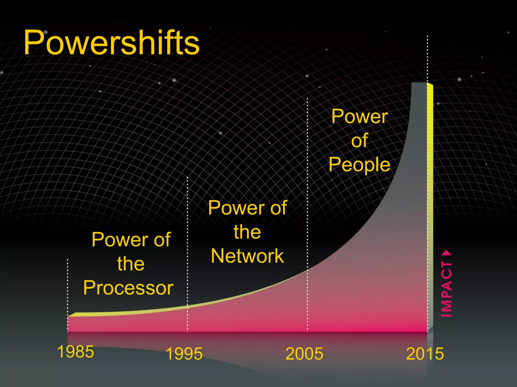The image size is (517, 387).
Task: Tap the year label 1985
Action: click(75, 352)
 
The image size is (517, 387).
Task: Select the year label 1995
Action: click(184, 354)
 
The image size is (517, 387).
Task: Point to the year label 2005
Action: click(304, 354)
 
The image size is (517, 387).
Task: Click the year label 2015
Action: click(425, 354)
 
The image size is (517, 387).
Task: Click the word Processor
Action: click(128, 288)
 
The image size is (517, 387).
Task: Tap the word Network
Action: click(247, 256)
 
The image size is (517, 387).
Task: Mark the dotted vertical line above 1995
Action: click(187, 239)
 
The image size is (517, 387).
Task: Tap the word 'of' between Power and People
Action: click(359, 140)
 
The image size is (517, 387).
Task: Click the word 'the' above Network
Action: click(247, 232)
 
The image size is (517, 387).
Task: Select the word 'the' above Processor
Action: click(131, 264)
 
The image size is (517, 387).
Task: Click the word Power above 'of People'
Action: click(359, 116)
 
